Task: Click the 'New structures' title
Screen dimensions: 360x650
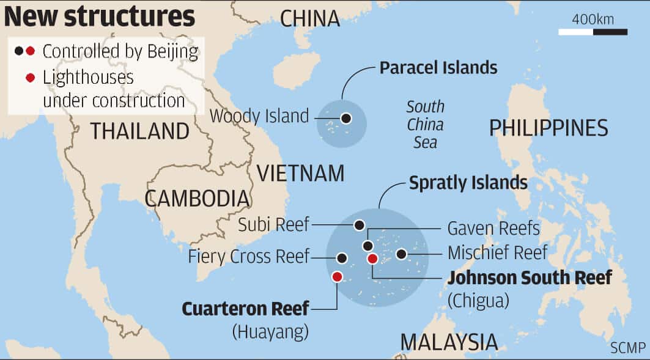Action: tap(100, 17)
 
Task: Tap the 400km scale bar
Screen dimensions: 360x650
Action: tap(593, 31)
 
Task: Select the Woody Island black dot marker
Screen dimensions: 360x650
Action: tap(346, 118)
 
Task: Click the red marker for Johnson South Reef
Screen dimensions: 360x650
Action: tap(372, 259)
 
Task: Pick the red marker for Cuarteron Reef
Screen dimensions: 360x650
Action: tap(337, 277)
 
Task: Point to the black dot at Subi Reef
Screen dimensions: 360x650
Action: tap(359, 225)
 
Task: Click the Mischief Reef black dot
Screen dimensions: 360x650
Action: tap(401, 254)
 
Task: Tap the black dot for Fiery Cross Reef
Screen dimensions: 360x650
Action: tap(342, 258)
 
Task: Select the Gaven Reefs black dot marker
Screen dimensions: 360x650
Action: tap(367, 246)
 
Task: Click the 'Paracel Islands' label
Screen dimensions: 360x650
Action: tap(438, 67)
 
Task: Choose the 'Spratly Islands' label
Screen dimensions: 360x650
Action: tap(468, 182)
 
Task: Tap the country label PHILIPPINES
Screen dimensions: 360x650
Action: tap(548, 128)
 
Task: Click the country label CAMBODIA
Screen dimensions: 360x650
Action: tap(197, 198)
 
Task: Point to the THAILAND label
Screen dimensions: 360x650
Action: tap(140, 131)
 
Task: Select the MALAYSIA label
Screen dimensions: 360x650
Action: tap(449, 342)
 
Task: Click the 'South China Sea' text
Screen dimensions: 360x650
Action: tap(425, 125)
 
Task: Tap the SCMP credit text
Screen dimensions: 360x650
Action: tap(627, 348)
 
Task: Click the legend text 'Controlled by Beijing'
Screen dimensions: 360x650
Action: tap(120, 51)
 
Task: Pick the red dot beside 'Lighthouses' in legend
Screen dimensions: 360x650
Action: tap(30, 78)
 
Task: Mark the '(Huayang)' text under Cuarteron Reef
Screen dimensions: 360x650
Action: tap(270, 332)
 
